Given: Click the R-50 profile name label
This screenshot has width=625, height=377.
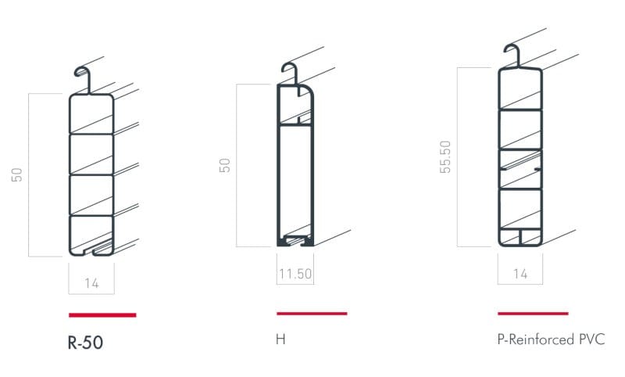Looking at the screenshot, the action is (x=85, y=343).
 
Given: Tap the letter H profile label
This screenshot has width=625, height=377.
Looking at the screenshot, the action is (x=280, y=339).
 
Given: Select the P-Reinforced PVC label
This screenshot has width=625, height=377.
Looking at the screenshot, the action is (x=551, y=339).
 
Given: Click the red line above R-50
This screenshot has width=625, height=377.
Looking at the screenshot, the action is (x=102, y=315).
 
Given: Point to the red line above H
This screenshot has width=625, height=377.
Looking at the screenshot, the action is (x=312, y=314).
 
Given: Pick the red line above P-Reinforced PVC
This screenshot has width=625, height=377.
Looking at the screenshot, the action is (x=533, y=314).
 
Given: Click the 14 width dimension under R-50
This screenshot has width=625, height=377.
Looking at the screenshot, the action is (x=91, y=283).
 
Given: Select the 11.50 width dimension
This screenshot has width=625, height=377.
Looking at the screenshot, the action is (x=295, y=274).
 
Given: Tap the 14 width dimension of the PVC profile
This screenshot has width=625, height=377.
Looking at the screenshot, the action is (x=520, y=274).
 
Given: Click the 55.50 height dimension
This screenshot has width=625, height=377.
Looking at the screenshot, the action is (x=445, y=156).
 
